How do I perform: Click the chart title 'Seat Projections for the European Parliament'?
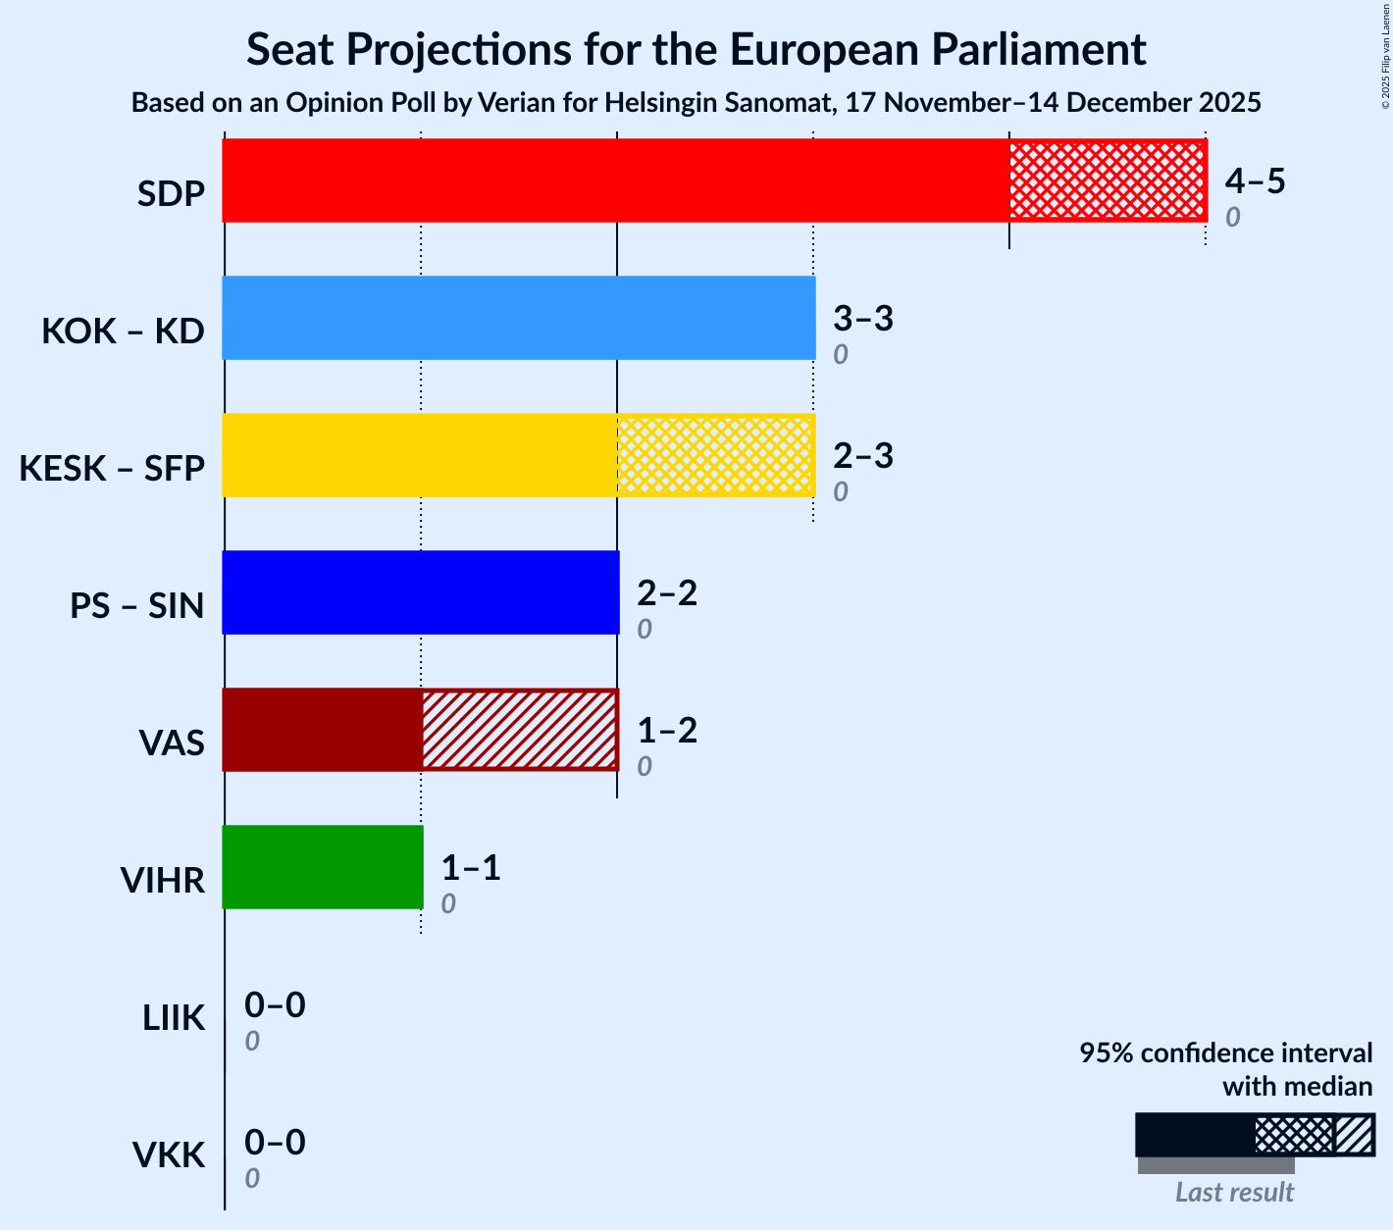click(696, 49)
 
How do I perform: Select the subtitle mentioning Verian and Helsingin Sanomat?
click(696, 103)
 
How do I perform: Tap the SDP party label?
click(171, 194)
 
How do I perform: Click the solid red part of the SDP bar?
click(615, 180)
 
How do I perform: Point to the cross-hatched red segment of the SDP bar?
click(1107, 180)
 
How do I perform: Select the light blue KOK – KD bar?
click(518, 318)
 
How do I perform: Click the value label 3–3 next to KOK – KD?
click(863, 319)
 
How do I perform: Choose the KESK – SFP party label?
click(112, 469)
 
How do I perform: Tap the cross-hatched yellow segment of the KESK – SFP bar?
click(715, 455)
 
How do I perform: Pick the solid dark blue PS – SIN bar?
click(421, 592)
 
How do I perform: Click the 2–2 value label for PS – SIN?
click(667, 593)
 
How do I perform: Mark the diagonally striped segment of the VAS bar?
click(519, 730)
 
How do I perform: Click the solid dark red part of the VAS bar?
click(323, 730)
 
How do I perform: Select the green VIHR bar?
click(323, 867)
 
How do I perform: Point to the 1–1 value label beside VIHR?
click(471, 868)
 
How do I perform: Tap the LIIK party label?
click(174, 1018)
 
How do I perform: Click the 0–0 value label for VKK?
click(275, 1143)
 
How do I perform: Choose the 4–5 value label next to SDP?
click(1255, 181)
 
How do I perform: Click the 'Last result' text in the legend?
click(1234, 1193)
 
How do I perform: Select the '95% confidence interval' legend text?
click(1225, 1053)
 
